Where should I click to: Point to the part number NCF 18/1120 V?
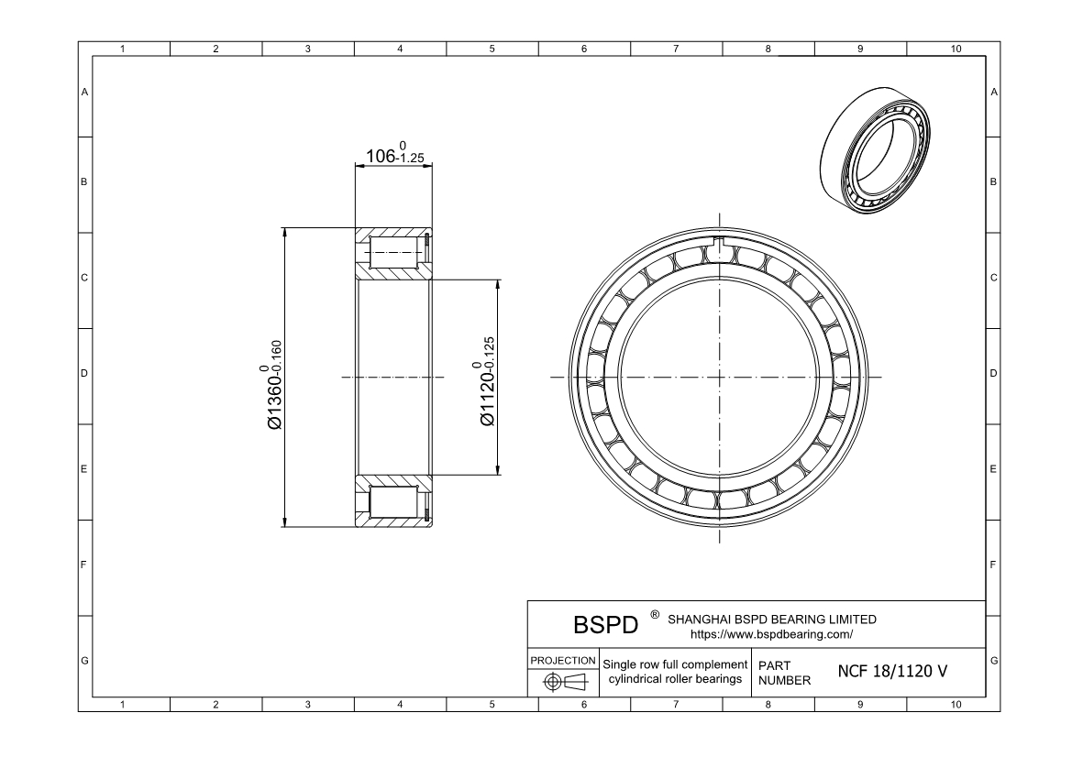pos(892,671)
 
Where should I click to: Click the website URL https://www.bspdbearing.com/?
pos(771,633)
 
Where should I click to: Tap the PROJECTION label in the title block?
pos(563,660)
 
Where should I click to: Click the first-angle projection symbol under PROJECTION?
pos(563,683)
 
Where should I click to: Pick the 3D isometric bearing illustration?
pos(873,152)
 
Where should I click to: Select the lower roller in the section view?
pos(395,502)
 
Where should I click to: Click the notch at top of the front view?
pos(719,244)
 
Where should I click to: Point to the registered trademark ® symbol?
pos(654,614)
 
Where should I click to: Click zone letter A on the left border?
pos(85,93)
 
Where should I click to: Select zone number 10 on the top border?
pos(955,49)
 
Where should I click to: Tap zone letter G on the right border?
pos(994,661)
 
